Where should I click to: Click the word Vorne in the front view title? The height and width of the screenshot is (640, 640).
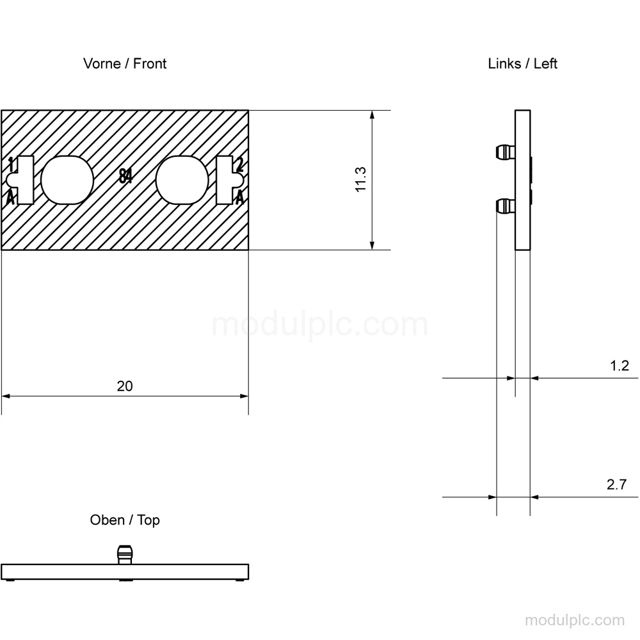point(102,63)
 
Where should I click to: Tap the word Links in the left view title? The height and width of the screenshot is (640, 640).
point(504,63)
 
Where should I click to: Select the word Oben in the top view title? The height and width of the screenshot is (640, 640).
point(107,520)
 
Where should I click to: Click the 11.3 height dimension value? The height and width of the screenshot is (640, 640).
point(361,179)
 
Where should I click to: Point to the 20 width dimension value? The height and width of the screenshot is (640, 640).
point(125,386)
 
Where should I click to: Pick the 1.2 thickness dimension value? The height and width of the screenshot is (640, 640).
point(619,365)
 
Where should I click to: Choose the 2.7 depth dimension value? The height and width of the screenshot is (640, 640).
point(616,484)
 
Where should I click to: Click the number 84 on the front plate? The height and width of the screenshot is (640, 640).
point(125,176)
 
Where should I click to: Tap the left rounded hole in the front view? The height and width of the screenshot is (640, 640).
point(67,180)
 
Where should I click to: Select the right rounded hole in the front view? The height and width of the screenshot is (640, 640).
point(182,180)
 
